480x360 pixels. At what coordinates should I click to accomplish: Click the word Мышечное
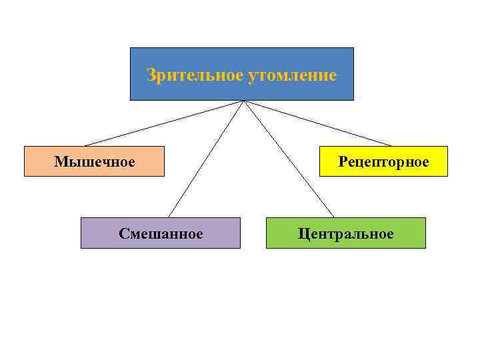pos(95,161)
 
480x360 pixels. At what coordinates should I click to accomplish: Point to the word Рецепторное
pos(383,161)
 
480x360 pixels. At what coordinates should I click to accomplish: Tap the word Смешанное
pos(161,233)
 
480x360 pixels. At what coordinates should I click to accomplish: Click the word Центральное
pos(346,233)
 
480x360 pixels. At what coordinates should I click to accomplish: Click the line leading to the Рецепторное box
pos(319,123)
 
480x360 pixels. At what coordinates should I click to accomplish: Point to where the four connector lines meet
pos(244,101)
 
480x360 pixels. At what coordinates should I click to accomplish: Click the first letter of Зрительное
pos(150,75)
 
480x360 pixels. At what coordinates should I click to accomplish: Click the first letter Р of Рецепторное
pos(342,161)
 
